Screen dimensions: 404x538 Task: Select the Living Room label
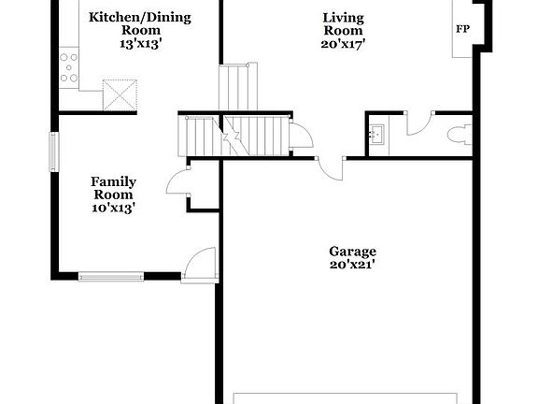click(343, 23)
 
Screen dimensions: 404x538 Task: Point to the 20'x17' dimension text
click(343, 44)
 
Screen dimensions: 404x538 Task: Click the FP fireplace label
click(462, 30)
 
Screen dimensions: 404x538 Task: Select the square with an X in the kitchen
click(119, 94)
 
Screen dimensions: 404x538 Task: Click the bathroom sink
click(376, 134)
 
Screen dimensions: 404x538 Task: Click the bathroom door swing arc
click(418, 122)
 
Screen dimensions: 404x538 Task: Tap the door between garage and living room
click(331, 169)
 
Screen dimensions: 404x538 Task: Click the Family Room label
click(113, 188)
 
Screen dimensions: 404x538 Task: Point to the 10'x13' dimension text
click(113, 209)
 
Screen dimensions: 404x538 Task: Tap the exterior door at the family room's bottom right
click(200, 264)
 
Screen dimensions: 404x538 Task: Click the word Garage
click(352, 251)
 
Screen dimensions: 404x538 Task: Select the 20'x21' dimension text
click(352, 265)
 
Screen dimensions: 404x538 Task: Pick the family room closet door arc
click(177, 181)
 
